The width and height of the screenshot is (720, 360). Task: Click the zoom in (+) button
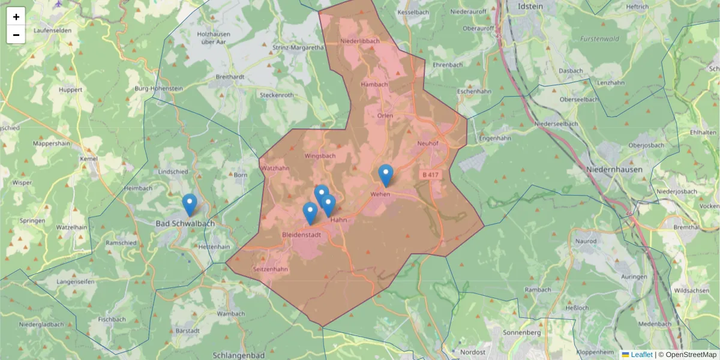pyautogui.click(x=16, y=17)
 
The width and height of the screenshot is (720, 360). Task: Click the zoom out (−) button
pyautogui.click(x=16, y=35)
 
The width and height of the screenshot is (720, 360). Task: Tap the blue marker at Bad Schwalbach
pyautogui.click(x=190, y=205)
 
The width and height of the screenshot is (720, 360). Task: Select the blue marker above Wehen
pyautogui.click(x=386, y=175)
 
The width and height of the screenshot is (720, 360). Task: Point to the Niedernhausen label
pyautogui.click(x=614, y=170)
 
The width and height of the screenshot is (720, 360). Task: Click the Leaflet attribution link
pyautogui.click(x=641, y=355)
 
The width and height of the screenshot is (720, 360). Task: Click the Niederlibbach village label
pyautogui.click(x=360, y=41)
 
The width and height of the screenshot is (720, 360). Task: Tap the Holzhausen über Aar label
pyautogui.click(x=214, y=38)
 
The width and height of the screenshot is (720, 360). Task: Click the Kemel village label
pyautogui.click(x=89, y=159)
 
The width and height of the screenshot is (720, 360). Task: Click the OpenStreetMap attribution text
pyautogui.click(x=691, y=355)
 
